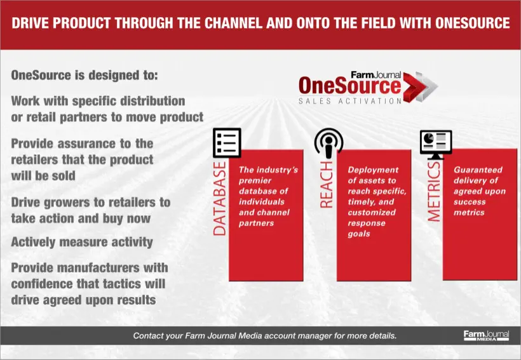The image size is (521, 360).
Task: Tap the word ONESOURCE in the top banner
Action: pyautogui.click(x=473, y=23)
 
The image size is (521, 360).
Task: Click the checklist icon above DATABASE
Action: pyautogui.click(x=227, y=143)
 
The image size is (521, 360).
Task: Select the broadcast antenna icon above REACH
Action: pyautogui.click(x=328, y=143)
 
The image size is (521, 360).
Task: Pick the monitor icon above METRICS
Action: pyautogui.click(x=436, y=145)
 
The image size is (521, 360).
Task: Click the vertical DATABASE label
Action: pyautogui.click(x=220, y=199)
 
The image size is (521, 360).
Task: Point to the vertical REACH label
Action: pyautogui.click(x=327, y=185)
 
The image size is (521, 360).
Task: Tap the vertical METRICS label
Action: pyautogui.click(x=433, y=192)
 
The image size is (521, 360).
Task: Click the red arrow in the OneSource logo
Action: pyautogui.click(x=415, y=87)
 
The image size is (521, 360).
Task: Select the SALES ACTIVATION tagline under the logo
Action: pyautogui.click(x=350, y=101)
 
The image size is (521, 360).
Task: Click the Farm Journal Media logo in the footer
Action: pyautogui.click(x=486, y=335)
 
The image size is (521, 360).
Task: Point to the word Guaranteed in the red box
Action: pyautogui.click(x=478, y=170)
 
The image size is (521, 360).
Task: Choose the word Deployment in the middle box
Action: pyautogui.click(x=373, y=170)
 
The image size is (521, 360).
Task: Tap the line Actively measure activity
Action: pyautogui.click(x=82, y=242)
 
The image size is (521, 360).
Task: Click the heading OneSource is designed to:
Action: pyautogui.click(x=85, y=76)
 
